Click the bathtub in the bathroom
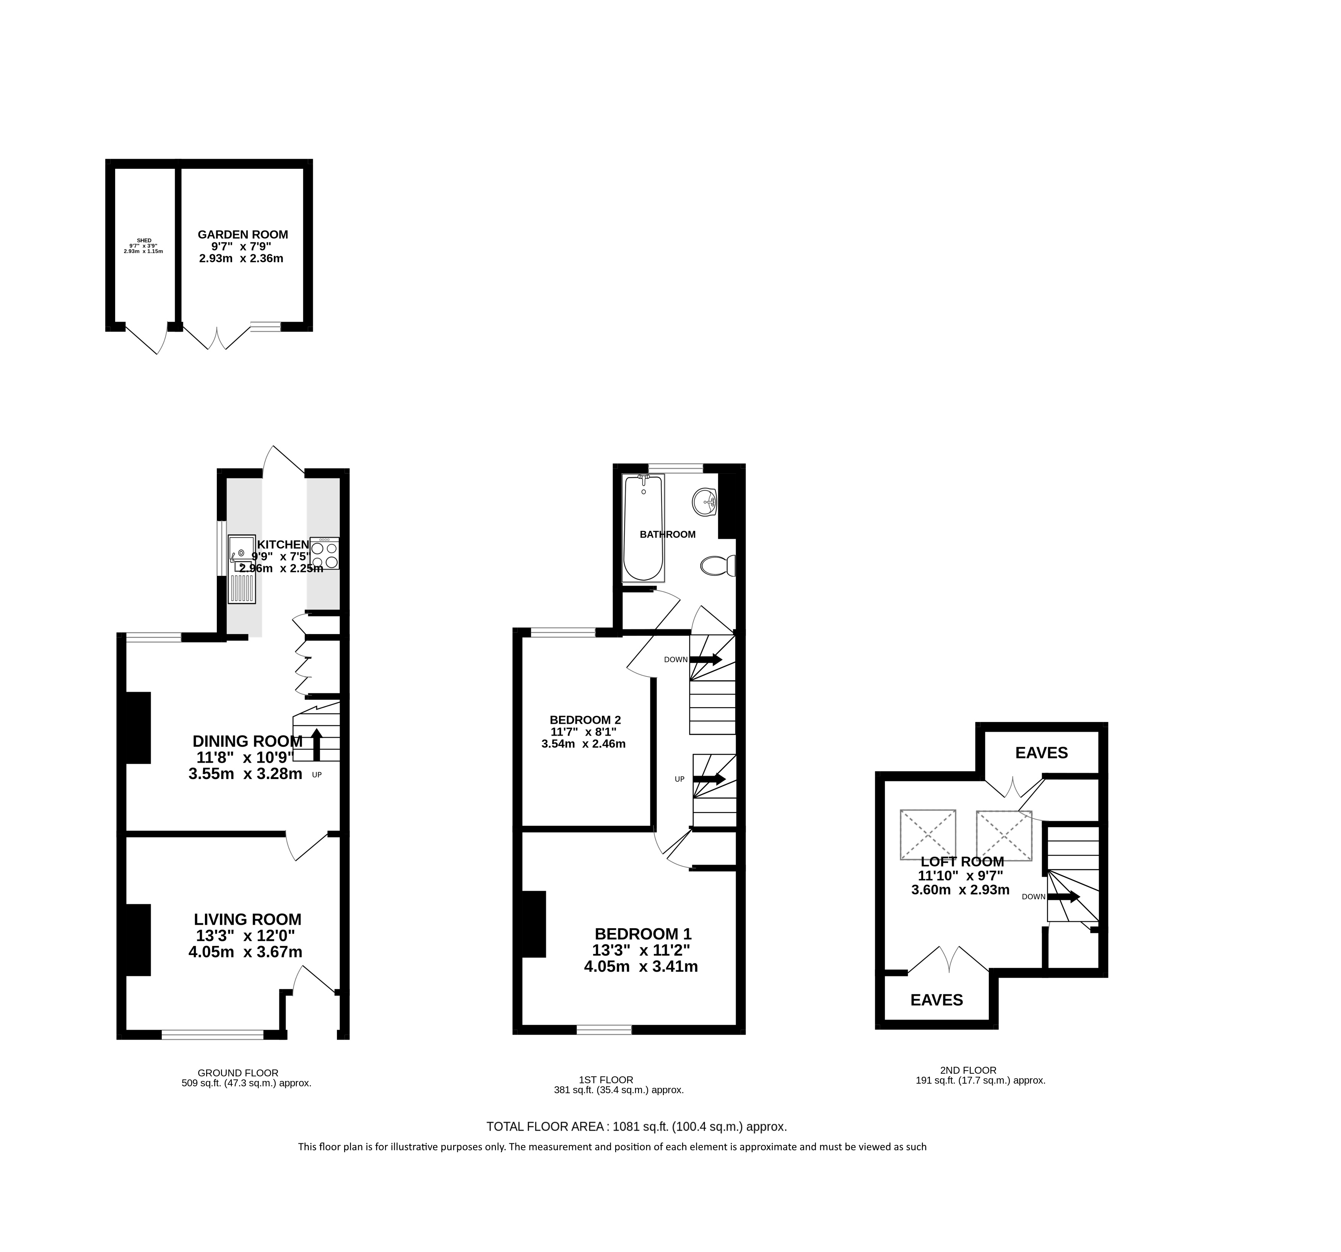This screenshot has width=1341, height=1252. (x=644, y=528)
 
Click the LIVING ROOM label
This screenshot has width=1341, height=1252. (x=247, y=919)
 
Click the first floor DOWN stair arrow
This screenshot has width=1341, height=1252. (x=705, y=659)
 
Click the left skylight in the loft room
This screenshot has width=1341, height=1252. (x=928, y=835)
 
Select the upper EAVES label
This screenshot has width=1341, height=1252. (x=1042, y=753)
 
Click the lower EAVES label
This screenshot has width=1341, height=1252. (x=937, y=999)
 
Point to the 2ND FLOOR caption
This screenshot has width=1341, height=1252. (x=968, y=1070)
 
